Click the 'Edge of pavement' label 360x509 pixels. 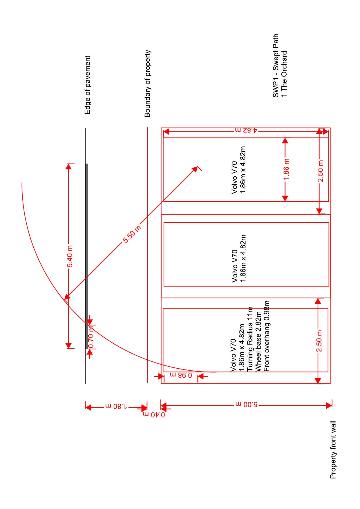88,85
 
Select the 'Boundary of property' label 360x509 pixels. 148,84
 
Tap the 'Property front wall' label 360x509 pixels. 333,450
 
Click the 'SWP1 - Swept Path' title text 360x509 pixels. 276,66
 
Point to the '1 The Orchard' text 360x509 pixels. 284,74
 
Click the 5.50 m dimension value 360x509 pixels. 132,234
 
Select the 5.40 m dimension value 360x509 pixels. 70,256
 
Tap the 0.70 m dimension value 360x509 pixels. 91,337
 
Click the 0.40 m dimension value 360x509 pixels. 154,414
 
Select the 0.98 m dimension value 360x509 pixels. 181,375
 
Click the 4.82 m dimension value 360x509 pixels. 246,130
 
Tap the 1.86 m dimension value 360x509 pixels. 286,169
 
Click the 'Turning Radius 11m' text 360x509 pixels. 250,339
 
